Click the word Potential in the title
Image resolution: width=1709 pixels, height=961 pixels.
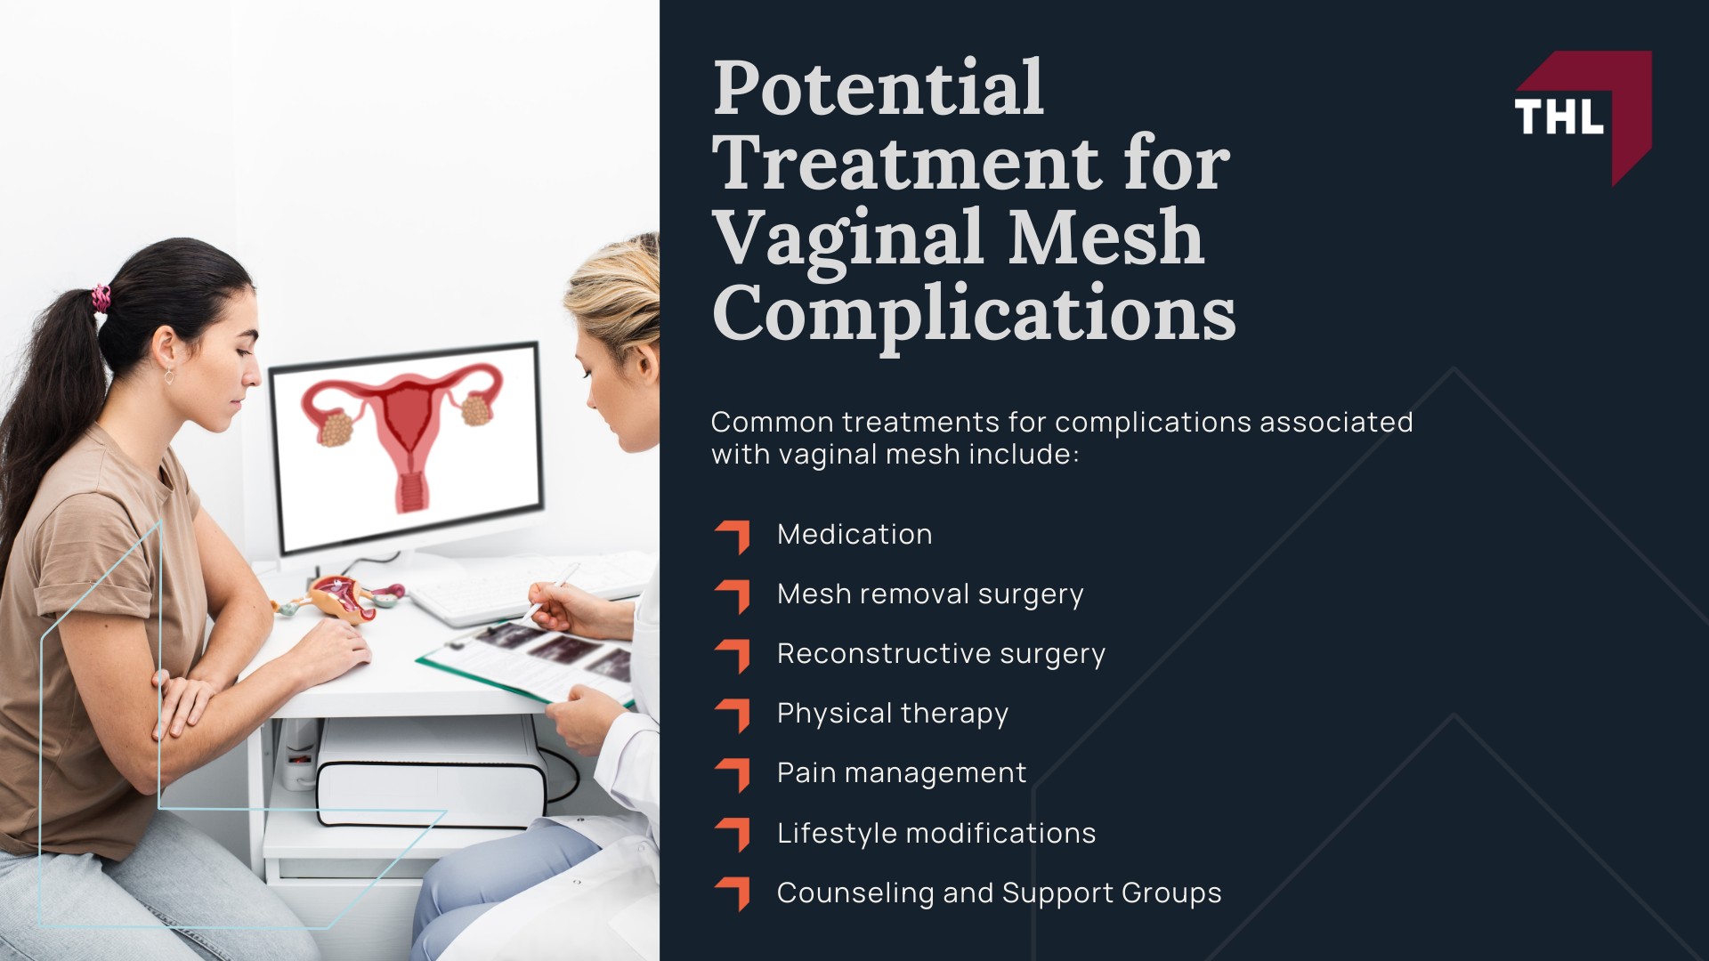(x=878, y=88)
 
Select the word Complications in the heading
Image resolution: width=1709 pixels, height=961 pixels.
(x=974, y=314)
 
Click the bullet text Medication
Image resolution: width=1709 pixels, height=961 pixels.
(x=854, y=535)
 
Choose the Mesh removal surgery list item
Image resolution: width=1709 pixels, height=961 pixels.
(x=930, y=594)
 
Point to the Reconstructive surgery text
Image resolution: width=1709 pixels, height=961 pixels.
(x=941, y=654)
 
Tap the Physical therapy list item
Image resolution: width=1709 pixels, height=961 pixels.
(x=893, y=714)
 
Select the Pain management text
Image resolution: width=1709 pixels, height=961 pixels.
(x=902, y=773)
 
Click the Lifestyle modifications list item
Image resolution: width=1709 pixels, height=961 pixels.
(x=936, y=834)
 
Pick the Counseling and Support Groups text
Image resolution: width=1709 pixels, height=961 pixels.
(x=999, y=893)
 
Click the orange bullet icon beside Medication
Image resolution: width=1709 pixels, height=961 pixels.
(x=733, y=537)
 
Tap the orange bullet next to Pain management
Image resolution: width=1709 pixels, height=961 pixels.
(x=733, y=775)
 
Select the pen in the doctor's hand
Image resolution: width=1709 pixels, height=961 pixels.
(x=552, y=590)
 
